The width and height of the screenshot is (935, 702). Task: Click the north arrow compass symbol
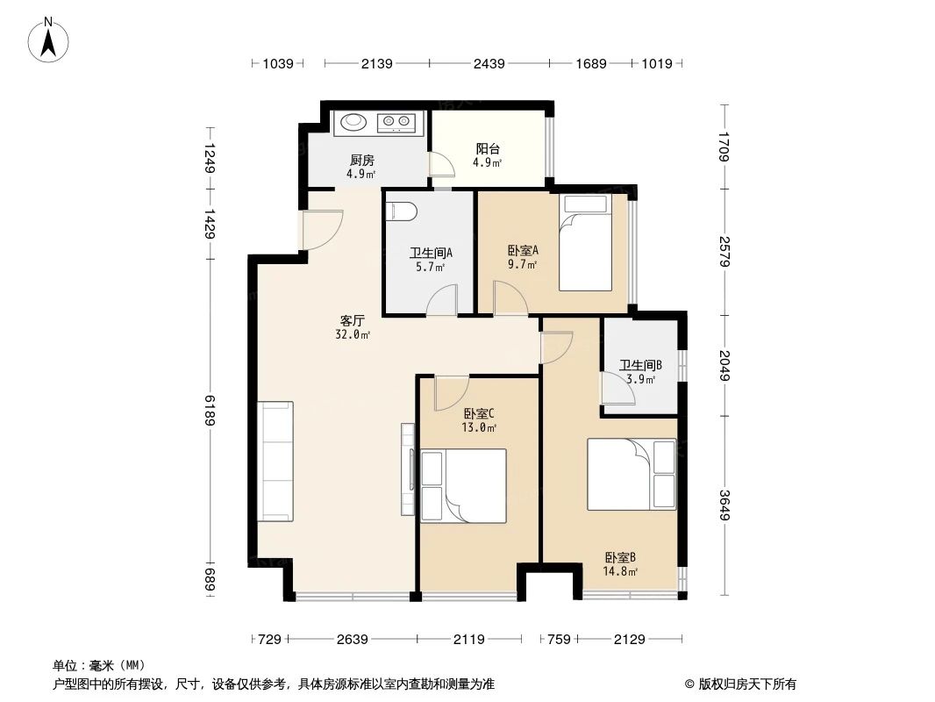(48, 40)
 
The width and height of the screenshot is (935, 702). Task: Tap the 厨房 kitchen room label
(362, 160)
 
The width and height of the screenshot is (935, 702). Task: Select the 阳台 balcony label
(487, 148)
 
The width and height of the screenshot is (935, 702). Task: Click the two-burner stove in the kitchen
(396, 122)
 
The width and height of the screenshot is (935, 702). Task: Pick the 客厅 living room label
(353, 320)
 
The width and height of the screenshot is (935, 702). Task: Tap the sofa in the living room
(275, 462)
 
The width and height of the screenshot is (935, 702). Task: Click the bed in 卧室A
(586, 243)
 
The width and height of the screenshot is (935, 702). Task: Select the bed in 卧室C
(464, 486)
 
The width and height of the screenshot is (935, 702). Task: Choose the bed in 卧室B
(632, 474)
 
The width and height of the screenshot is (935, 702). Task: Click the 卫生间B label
(640, 365)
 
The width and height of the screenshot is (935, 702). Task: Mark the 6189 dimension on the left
(210, 411)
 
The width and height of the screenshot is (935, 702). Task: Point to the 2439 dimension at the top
(489, 63)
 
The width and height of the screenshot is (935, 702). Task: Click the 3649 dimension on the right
(724, 505)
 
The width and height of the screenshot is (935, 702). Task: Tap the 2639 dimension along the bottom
(353, 640)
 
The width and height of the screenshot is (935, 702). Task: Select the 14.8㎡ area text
(620, 571)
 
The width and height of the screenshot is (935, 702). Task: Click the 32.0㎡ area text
(353, 334)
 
